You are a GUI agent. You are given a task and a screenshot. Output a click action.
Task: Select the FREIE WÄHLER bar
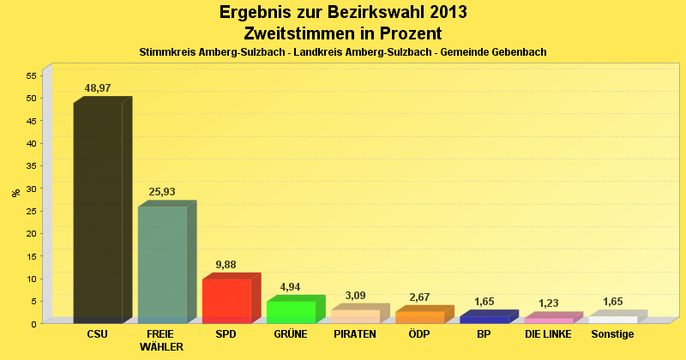tap(162, 265)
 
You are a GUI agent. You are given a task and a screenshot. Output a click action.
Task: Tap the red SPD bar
tap(226, 301)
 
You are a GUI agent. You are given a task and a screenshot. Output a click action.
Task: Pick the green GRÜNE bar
tap(291, 312)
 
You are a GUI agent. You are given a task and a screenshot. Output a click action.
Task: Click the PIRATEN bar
tap(355, 316)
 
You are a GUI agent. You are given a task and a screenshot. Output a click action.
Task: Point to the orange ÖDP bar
tap(419, 317)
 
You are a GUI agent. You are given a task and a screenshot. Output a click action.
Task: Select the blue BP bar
tap(484, 320)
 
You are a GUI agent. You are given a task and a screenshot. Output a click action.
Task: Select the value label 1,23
tap(548, 303)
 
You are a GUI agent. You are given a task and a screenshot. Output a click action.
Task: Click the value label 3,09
tap(355, 296)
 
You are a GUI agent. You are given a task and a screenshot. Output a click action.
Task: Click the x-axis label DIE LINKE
tap(548, 334)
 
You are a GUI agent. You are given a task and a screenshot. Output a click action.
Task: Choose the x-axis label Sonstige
tap(612, 334)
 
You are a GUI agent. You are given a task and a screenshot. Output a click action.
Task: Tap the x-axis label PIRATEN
tap(355, 334)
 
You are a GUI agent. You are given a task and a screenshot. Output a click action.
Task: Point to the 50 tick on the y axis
tap(31, 98)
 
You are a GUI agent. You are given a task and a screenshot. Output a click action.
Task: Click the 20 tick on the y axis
tap(31, 233)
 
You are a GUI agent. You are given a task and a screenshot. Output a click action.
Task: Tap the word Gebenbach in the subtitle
tap(518, 52)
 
